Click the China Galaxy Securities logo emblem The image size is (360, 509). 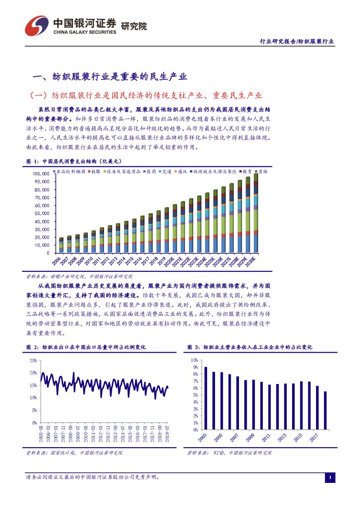point(36,26)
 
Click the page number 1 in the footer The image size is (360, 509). point(330,478)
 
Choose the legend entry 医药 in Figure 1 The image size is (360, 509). point(151,172)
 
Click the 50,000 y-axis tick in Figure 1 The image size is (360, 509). point(41,213)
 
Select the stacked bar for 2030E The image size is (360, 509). point(256,213)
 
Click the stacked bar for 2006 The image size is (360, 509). point(61,245)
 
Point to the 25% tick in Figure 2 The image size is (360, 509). point(33,361)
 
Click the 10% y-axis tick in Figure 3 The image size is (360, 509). point(194,361)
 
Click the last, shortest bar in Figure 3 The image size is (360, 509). point(325,410)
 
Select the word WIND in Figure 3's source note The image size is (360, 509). point(219,453)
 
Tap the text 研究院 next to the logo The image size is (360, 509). point(133,26)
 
